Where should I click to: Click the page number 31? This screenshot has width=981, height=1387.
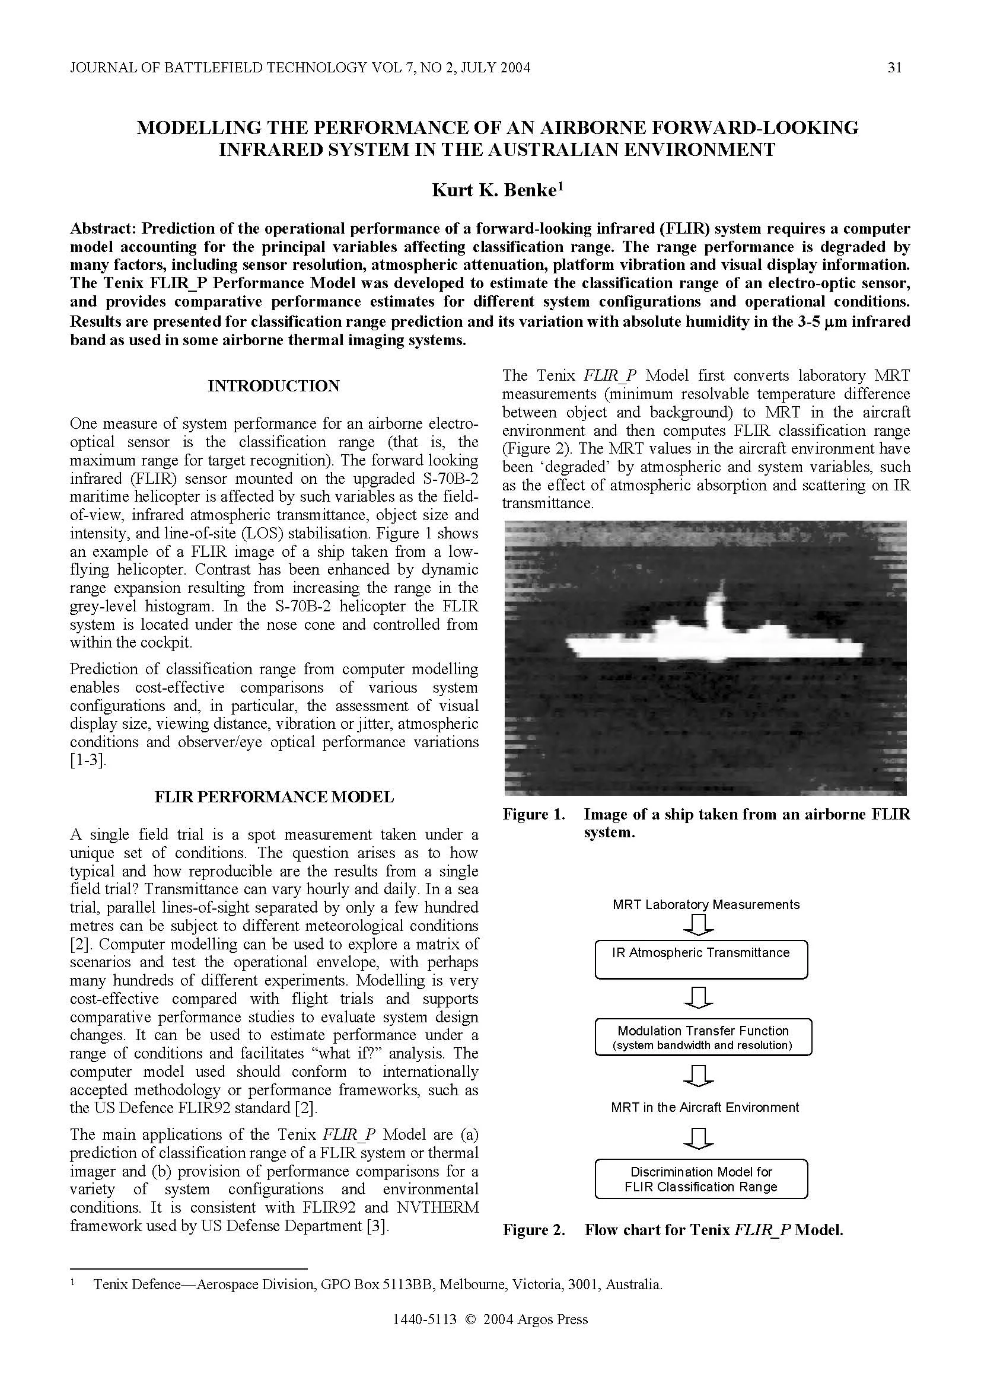(894, 68)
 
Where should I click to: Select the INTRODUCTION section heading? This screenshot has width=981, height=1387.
(273, 386)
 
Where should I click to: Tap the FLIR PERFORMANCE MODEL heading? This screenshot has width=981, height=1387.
(273, 797)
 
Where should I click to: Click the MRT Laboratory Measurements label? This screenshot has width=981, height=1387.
(706, 904)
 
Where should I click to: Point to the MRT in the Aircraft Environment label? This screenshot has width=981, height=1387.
(705, 1107)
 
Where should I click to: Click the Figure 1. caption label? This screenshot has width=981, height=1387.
(533, 814)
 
